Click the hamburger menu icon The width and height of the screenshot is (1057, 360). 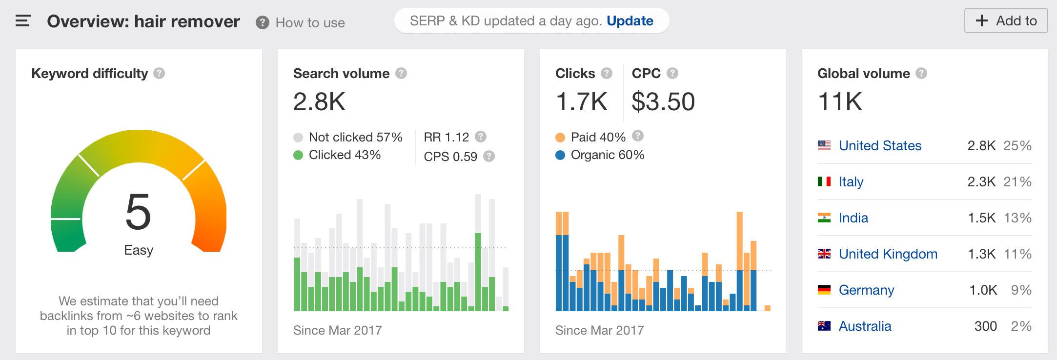23,21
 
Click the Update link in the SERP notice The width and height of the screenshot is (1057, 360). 630,21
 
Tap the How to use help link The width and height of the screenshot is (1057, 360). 310,23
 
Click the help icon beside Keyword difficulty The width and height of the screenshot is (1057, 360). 159,73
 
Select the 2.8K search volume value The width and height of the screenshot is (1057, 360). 319,102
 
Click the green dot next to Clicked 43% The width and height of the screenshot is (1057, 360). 298,155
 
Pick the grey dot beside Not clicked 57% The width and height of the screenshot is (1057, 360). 298,138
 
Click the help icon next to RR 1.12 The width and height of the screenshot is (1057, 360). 481,137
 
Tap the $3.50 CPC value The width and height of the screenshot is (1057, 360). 663,102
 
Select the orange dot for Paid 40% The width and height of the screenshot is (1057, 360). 560,138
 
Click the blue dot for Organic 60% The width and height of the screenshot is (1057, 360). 560,155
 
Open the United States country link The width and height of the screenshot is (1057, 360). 880,145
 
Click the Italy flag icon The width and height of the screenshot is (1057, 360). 824,181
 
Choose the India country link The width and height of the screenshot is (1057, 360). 853,218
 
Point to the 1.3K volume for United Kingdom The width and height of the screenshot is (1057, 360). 981,254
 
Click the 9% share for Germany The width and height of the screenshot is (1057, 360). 1021,290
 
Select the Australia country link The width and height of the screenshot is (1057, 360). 865,326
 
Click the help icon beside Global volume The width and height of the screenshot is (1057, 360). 921,73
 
